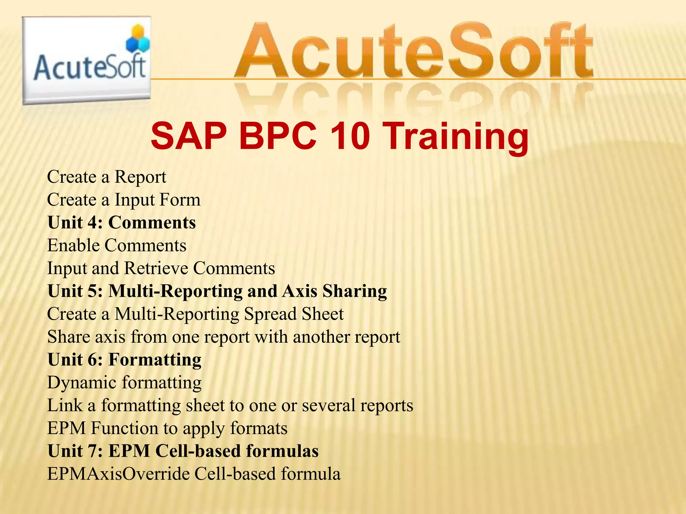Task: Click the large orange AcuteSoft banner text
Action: coord(414,52)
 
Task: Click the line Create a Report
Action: coord(107,177)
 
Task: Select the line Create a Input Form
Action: coord(124,200)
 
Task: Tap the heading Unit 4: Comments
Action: coord(122,223)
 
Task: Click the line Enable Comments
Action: coord(117,245)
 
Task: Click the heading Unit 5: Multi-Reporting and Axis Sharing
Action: coord(217,291)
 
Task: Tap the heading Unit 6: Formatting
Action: coord(124,360)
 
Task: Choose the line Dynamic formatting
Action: coord(124,382)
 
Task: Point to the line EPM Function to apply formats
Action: coord(167,428)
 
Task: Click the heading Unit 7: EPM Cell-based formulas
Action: coord(183,451)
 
